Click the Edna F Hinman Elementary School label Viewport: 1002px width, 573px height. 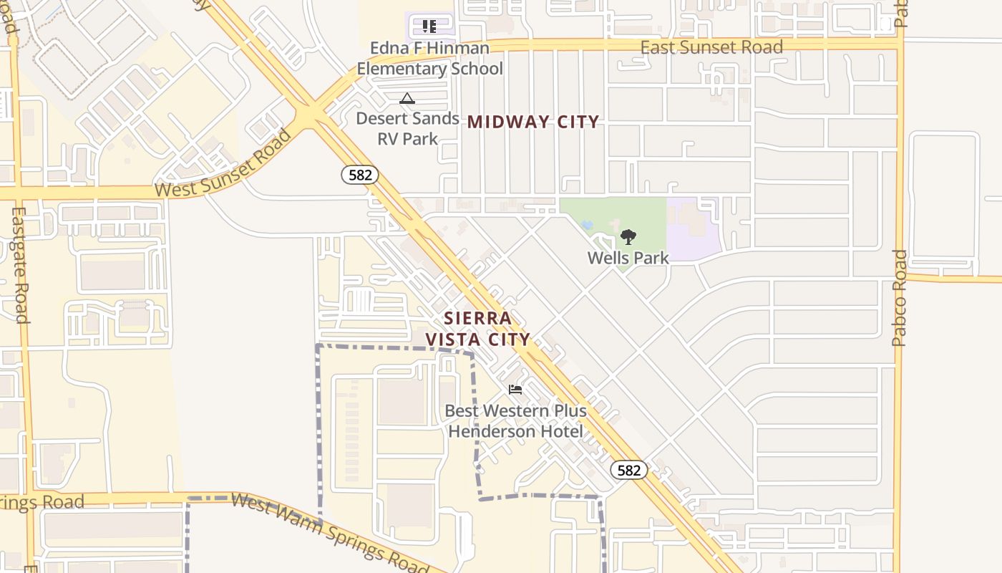pyautogui.click(x=429, y=59)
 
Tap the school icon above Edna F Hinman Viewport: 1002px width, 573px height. pyautogui.click(x=429, y=27)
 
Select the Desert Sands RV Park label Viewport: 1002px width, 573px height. pyautogui.click(x=407, y=128)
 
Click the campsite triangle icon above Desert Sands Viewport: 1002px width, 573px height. pyautogui.click(x=407, y=98)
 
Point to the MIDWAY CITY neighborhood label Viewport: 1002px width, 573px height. pyautogui.click(x=533, y=122)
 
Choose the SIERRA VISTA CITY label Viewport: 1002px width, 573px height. pyautogui.click(x=478, y=329)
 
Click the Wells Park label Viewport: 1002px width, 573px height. pyautogui.click(x=628, y=258)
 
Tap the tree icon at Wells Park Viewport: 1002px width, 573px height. pyautogui.click(x=628, y=236)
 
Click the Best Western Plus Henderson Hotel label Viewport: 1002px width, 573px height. pyautogui.click(x=515, y=421)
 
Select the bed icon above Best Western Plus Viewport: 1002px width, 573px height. pyautogui.click(x=515, y=390)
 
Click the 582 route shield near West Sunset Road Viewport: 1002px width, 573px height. pyautogui.click(x=359, y=175)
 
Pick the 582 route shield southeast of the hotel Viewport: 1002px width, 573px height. pyautogui.click(x=628, y=470)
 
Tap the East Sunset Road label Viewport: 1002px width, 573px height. pyautogui.click(x=711, y=48)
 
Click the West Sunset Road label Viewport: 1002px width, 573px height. pyautogui.click(x=223, y=165)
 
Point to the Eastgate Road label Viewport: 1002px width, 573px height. pyautogui.click(x=19, y=265)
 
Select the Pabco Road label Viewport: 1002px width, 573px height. pyautogui.click(x=900, y=297)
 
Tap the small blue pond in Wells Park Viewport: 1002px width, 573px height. pyautogui.click(x=588, y=225)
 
